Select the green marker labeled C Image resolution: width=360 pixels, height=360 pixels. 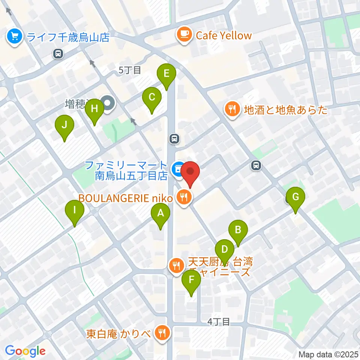[x=152, y=97]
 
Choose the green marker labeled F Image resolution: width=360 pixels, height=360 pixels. [x=191, y=280]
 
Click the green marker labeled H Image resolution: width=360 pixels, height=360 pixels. [x=94, y=109]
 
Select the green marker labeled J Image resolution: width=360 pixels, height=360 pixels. [x=64, y=125]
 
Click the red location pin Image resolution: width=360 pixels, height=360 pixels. [x=190, y=172]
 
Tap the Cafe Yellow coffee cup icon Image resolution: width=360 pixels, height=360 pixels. [x=184, y=35]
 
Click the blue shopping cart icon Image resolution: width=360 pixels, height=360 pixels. [x=15, y=37]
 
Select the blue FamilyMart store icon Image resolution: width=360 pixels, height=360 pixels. [x=177, y=168]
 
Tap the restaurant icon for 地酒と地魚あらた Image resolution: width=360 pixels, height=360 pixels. [x=232, y=109]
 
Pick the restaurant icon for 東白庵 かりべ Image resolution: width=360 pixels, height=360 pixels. [x=163, y=332]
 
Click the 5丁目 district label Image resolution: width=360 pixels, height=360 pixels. [x=129, y=70]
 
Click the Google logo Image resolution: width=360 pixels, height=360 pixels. [x=25, y=351]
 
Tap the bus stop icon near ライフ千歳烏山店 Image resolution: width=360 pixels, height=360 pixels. [x=58, y=54]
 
